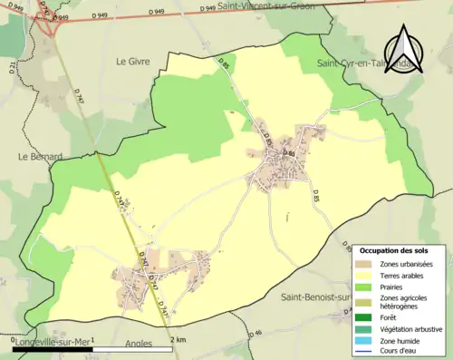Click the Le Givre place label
[x=132, y=62]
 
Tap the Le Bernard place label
[x=40, y=156]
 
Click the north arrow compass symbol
[x=405, y=45]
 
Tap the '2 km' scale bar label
[x=179, y=339]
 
